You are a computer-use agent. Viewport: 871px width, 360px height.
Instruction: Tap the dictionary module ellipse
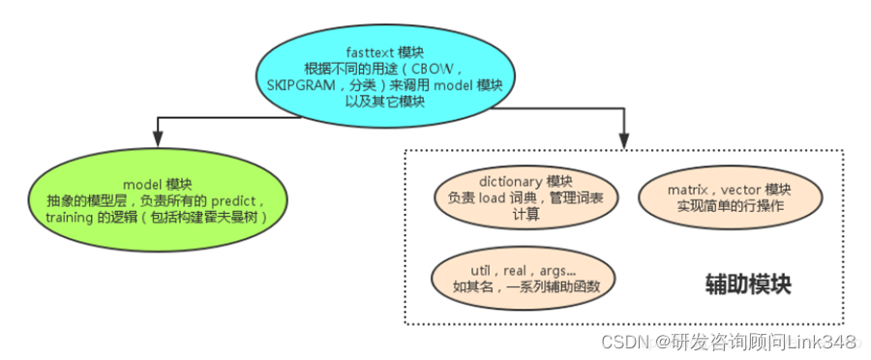pos(526,197)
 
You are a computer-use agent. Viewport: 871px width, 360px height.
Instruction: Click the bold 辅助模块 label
pos(749,285)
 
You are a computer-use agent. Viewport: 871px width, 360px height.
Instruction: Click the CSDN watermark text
pos(623,342)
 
